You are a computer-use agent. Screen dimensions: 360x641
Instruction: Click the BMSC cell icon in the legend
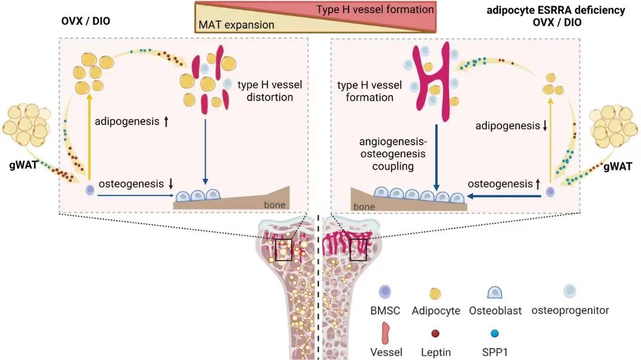(x=385, y=292)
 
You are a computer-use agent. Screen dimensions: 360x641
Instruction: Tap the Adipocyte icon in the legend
(x=436, y=292)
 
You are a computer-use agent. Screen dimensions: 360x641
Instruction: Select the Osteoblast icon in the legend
(x=496, y=292)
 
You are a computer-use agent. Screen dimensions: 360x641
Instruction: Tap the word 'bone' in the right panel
(x=364, y=207)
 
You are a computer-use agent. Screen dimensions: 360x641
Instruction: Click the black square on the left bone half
(x=283, y=250)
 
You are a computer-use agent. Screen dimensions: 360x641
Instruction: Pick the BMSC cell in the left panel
(x=90, y=190)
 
